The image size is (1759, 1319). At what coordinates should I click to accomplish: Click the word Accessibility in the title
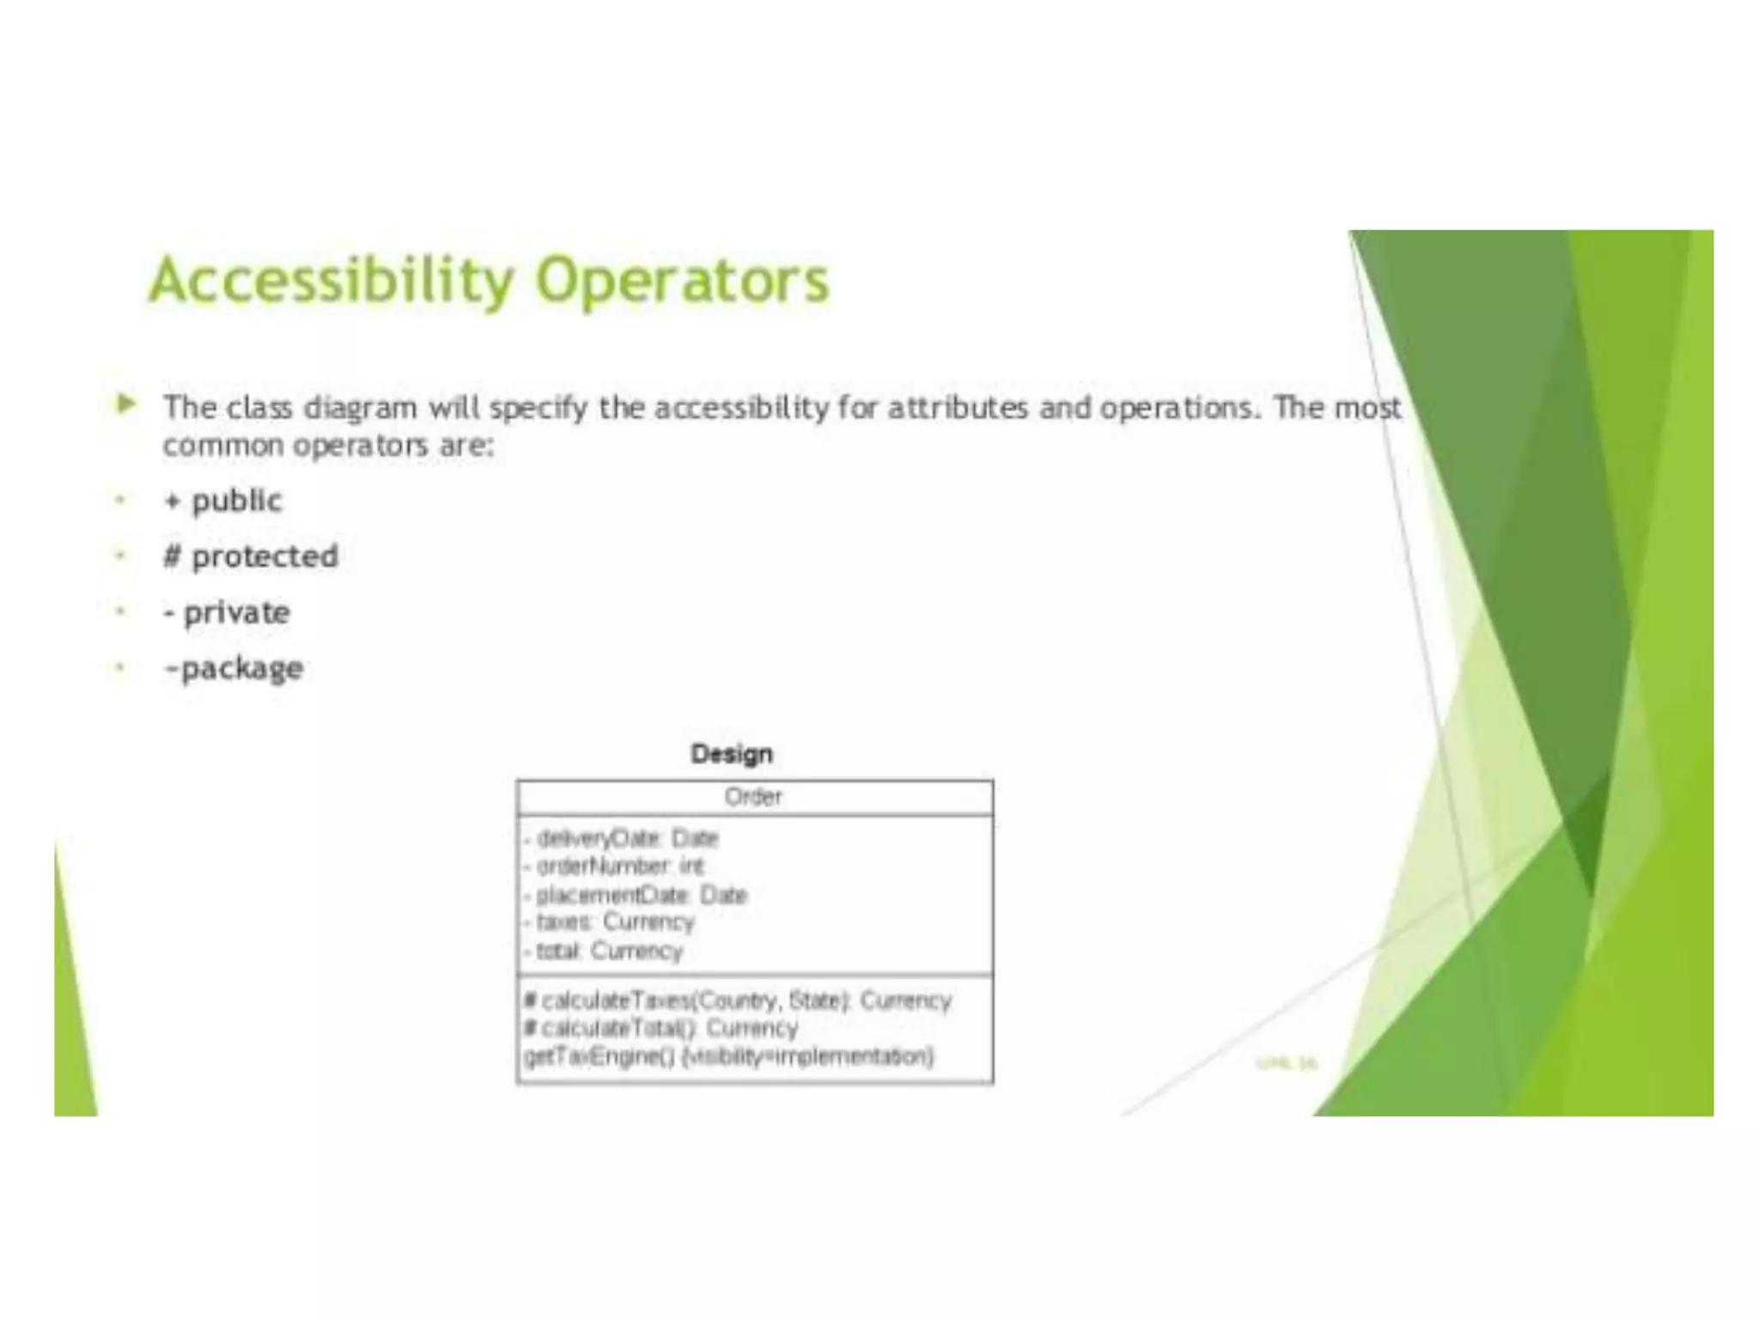(332, 281)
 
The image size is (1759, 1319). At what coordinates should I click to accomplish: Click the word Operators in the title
(682, 281)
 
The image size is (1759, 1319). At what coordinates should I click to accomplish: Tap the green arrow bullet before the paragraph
(126, 404)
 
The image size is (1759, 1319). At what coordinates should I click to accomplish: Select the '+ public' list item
(223, 501)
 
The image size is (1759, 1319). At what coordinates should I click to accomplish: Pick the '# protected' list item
(251, 556)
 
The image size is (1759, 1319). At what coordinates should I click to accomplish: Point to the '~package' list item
(234, 668)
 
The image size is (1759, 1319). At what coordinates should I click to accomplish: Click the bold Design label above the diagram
(732, 754)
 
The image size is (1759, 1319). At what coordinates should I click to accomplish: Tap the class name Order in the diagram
(753, 797)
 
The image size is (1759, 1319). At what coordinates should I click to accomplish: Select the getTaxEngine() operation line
(728, 1056)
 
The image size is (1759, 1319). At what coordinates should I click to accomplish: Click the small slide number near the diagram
(1286, 1064)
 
